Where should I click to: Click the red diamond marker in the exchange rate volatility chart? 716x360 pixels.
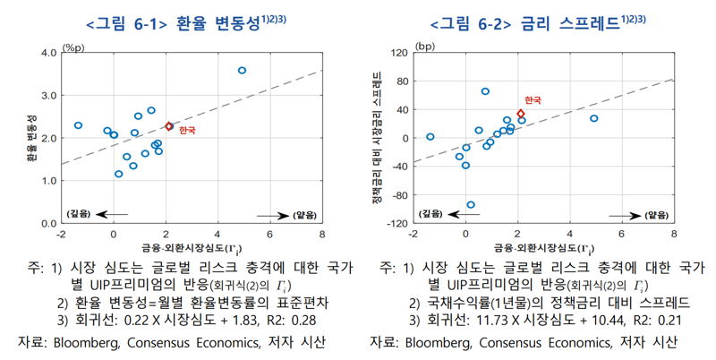click(168, 127)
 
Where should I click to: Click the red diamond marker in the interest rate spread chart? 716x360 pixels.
click(521, 114)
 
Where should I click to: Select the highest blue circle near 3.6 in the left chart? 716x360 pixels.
click(243, 70)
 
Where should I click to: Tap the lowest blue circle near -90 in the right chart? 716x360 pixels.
click(471, 205)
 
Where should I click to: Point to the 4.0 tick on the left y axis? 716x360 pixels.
click(45, 53)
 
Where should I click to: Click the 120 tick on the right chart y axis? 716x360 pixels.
click(396, 53)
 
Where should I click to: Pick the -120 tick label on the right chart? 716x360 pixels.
click(394, 223)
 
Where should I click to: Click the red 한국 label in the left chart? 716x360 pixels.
click(186, 130)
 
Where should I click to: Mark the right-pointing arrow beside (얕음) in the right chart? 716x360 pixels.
click(622, 214)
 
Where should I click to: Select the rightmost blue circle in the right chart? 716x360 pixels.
click(594, 118)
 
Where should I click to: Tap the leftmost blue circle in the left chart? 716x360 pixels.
click(79, 125)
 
